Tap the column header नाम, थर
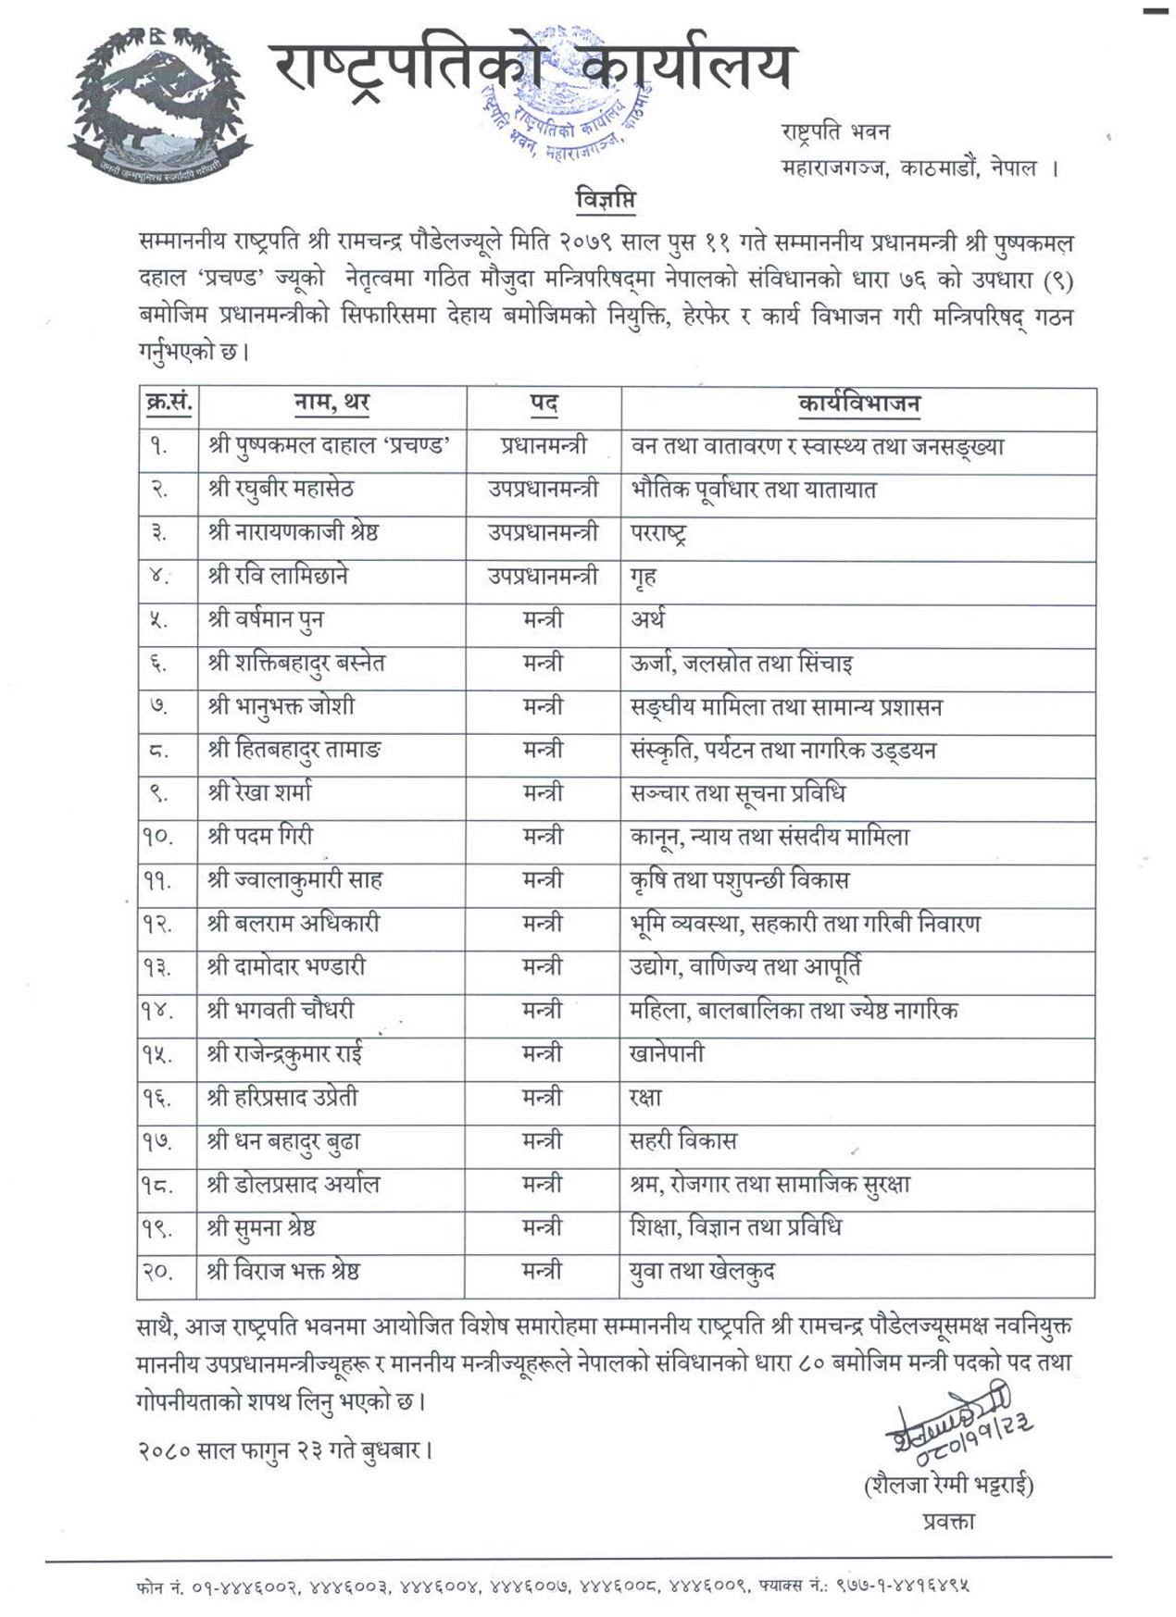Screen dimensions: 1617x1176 332,404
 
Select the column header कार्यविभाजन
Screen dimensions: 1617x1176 858,404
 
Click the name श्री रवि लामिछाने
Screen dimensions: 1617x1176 278,576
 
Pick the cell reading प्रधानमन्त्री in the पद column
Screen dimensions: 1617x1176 543,446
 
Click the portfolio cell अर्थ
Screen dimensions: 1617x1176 647,619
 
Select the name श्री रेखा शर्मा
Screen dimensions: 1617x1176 260,793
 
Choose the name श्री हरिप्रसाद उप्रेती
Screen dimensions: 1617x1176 282,1098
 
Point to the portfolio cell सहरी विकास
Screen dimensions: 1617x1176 682,1141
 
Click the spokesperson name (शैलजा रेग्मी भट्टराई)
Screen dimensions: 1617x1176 948,1486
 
